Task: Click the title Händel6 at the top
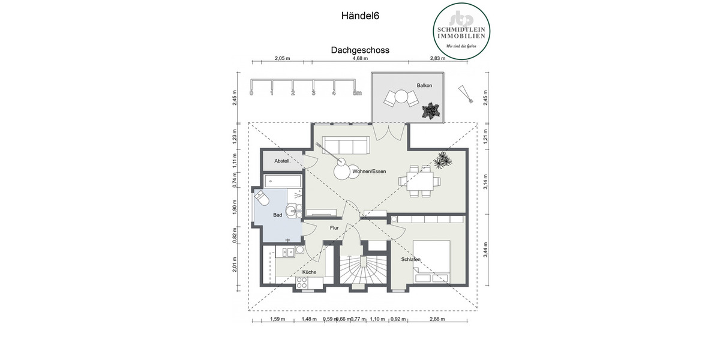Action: pyautogui.click(x=360, y=16)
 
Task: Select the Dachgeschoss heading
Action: pyautogui.click(x=360, y=50)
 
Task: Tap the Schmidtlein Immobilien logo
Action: pyautogui.click(x=462, y=31)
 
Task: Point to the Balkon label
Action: pyautogui.click(x=424, y=86)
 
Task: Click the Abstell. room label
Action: pyautogui.click(x=282, y=161)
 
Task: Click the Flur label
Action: pyautogui.click(x=334, y=228)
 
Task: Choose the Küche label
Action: pyautogui.click(x=309, y=272)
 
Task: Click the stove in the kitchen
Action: pyautogui.click(x=304, y=286)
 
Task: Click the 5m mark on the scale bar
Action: pyautogui.click(x=357, y=93)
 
